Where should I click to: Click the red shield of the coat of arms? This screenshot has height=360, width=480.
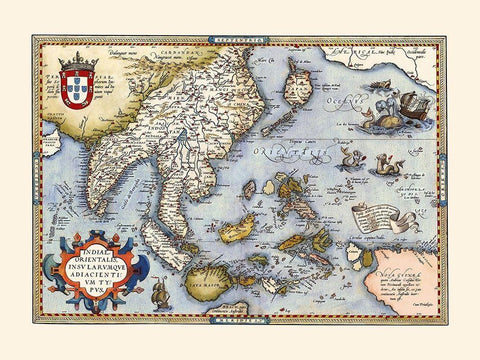click(77, 86)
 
